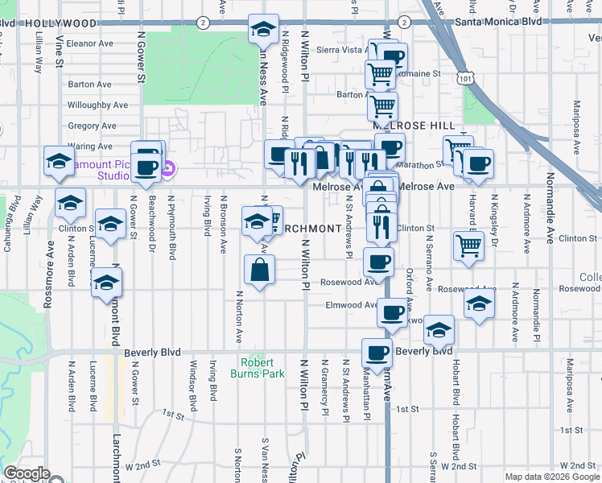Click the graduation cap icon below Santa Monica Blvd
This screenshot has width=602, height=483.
tap(262, 31)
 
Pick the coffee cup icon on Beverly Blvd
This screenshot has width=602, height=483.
tap(377, 352)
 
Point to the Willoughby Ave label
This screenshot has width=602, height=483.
tap(97, 105)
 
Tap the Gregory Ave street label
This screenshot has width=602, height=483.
tap(95, 126)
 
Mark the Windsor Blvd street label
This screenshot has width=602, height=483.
tap(192, 390)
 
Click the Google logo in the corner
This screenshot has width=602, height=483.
tap(27, 473)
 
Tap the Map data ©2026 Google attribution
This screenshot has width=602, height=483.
tap(551, 477)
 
